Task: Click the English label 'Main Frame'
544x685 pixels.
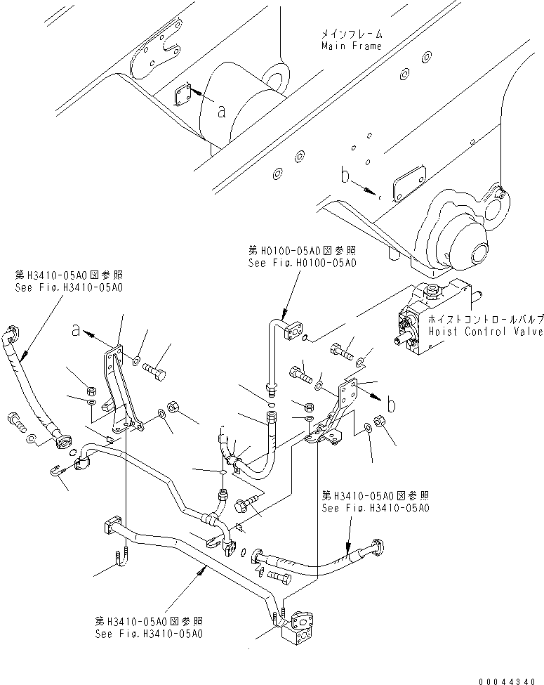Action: [x=352, y=46]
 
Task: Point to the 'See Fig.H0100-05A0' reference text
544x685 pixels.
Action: [x=302, y=263]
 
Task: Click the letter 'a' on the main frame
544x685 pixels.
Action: [x=221, y=110]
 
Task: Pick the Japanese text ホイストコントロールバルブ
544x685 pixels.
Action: [x=484, y=318]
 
